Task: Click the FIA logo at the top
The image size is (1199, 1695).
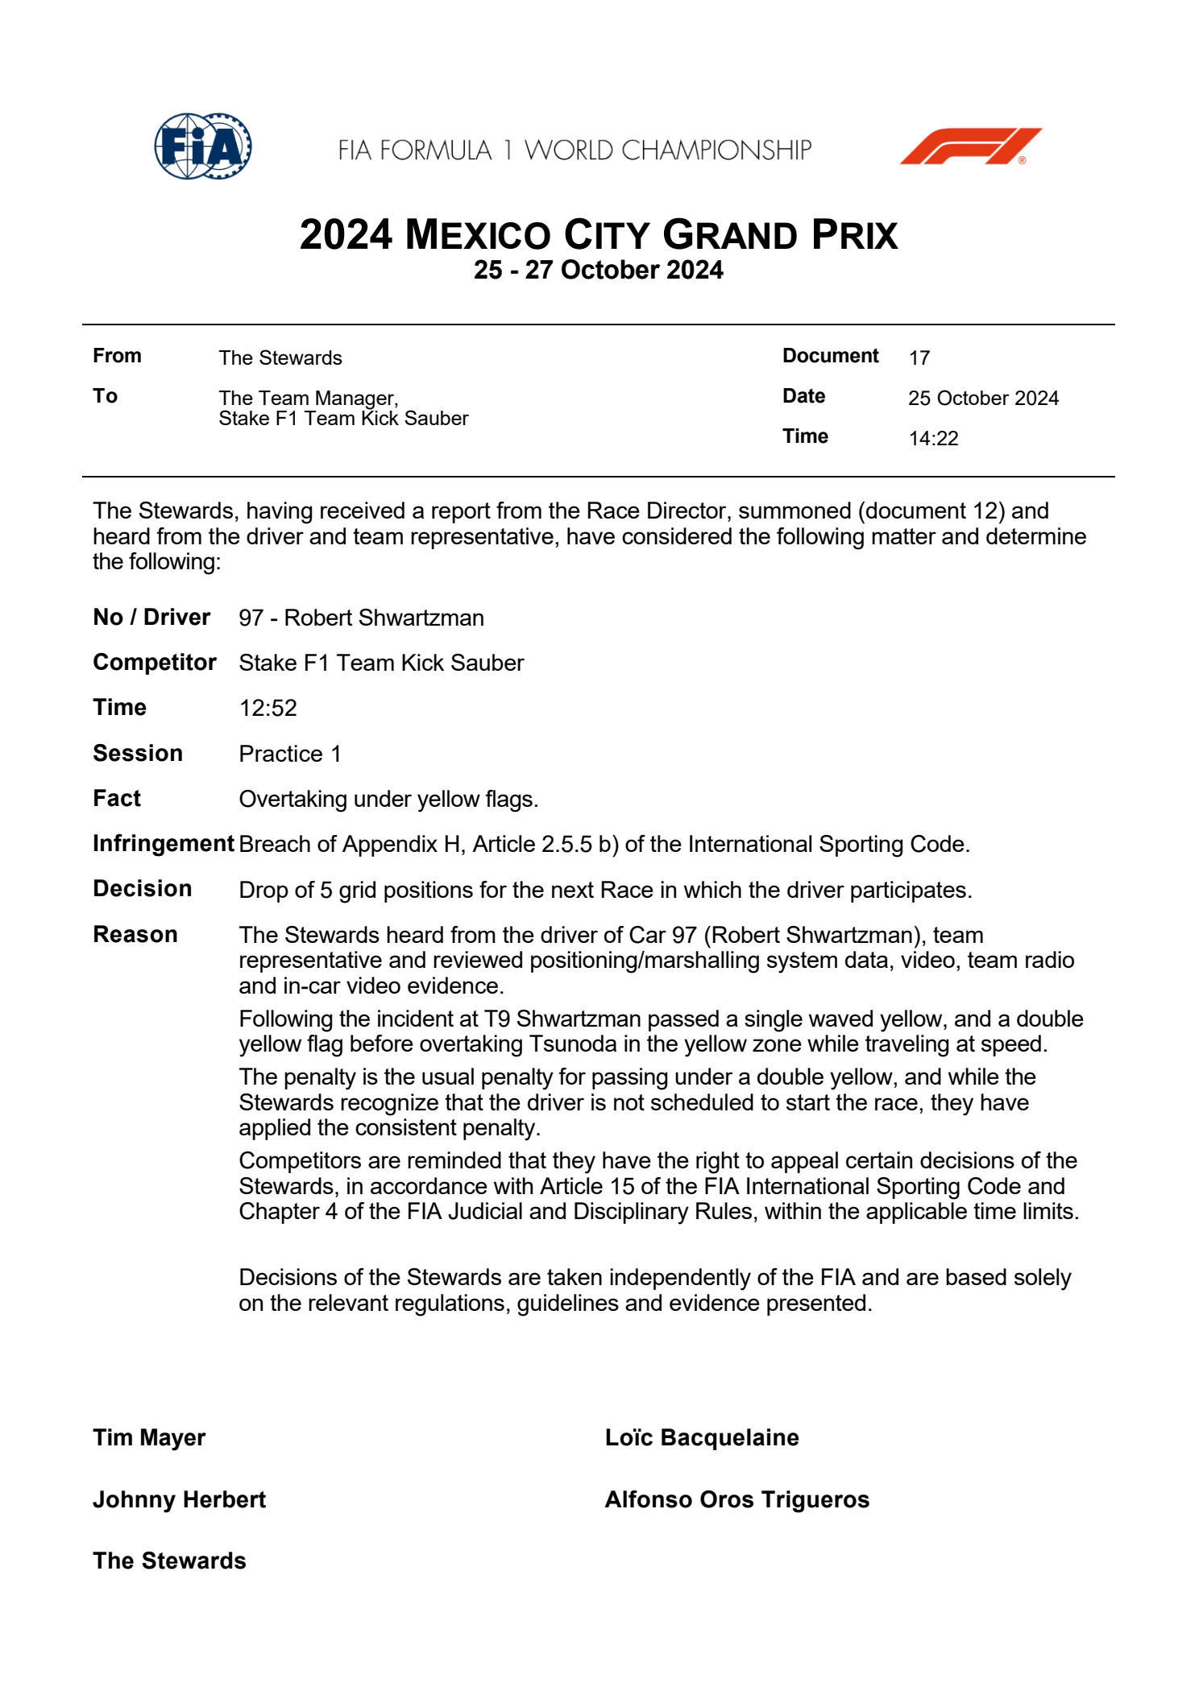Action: tap(203, 147)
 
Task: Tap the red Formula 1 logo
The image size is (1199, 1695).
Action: tap(970, 147)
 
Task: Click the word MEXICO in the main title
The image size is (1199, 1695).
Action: tap(478, 235)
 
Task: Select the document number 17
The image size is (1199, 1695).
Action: tap(919, 358)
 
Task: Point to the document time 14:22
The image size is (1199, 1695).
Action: tap(933, 439)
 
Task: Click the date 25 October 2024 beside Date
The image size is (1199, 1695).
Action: tap(983, 399)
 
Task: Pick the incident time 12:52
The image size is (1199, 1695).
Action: tap(268, 708)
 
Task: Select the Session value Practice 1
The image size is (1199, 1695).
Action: tap(290, 754)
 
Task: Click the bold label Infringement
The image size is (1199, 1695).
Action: tap(163, 844)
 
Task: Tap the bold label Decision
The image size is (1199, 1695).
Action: tap(143, 889)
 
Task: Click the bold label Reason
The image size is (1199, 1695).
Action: tap(135, 935)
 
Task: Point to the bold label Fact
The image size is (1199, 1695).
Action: tap(117, 799)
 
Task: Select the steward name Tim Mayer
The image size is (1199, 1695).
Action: tap(149, 1438)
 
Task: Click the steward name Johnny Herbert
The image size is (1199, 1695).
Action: tap(179, 1500)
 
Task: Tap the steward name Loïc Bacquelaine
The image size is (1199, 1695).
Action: tap(702, 1438)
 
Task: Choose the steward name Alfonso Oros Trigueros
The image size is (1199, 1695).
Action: tap(737, 1500)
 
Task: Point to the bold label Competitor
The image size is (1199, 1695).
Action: tap(155, 663)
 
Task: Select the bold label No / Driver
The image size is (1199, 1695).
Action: tap(151, 618)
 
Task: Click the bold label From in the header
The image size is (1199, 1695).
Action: tap(117, 356)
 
